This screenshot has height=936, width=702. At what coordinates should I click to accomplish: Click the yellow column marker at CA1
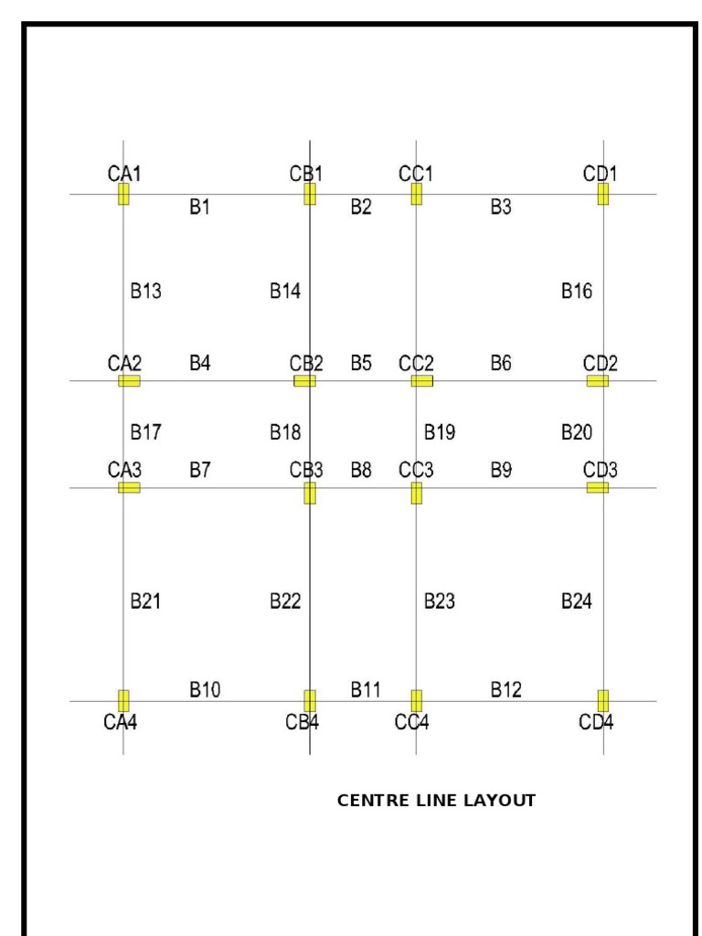tap(123, 194)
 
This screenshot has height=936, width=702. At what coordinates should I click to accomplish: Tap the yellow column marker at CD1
tap(603, 194)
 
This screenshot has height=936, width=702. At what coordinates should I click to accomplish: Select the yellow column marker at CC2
tap(421, 381)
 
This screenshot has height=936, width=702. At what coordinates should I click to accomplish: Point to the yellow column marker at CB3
tap(310, 494)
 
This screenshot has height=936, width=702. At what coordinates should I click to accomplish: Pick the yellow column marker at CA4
tap(123, 701)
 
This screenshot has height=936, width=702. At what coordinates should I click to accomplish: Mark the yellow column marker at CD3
tap(598, 487)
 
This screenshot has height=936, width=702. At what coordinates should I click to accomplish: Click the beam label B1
tap(200, 207)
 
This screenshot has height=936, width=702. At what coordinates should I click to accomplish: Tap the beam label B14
tap(285, 292)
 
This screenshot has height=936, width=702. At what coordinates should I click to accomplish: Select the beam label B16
tap(577, 292)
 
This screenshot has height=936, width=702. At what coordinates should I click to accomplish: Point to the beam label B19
tap(440, 431)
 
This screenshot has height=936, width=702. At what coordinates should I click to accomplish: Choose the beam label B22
tap(285, 601)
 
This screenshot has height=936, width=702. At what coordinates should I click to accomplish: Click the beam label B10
tap(205, 688)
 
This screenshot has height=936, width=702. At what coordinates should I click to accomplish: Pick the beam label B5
tap(361, 364)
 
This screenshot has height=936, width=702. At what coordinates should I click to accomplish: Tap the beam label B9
tap(501, 471)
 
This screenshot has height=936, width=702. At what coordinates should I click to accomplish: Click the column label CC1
tap(416, 174)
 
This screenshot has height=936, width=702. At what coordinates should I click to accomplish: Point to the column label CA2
tap(124, 364)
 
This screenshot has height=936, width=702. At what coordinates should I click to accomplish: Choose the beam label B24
tap(577, 601)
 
